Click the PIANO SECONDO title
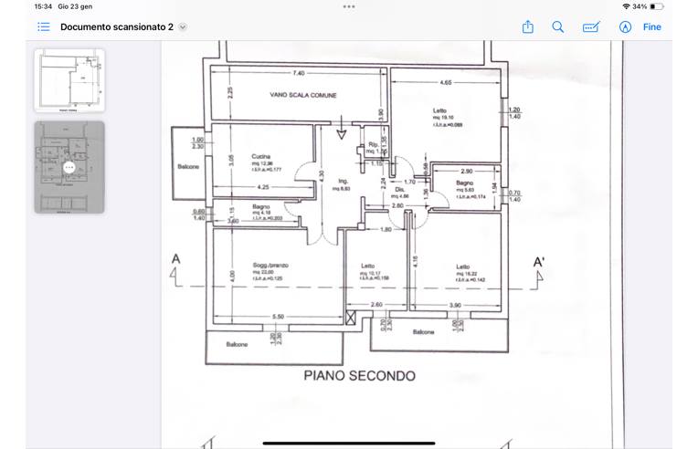[359, 376]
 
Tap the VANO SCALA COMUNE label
[303, 95]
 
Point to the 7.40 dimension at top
[299, 73]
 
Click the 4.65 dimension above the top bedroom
[445, 83]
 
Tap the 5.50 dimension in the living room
[279, 317]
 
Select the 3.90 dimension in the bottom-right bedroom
[455, 305]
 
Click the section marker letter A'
[539, 263]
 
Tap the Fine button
[651, 27]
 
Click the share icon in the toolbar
[527, 27]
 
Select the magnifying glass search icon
[557, 27]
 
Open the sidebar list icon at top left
[44, 27]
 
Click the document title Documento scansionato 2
[117, 27]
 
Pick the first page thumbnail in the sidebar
[69, 80]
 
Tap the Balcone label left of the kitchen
[188, 167]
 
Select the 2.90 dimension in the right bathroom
[466, 172]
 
